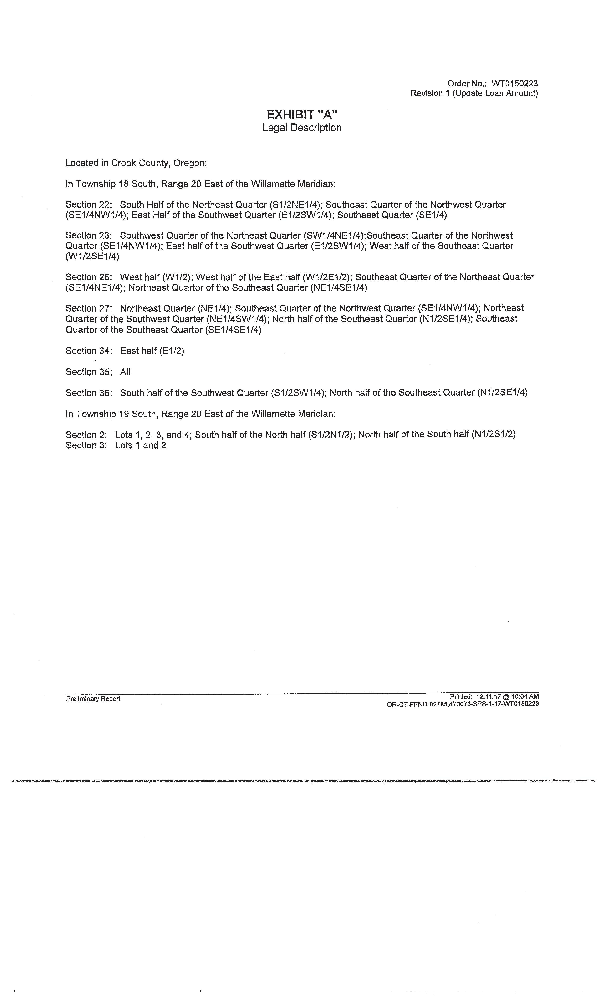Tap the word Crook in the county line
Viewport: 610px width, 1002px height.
pyautogui.click(x=125, y=163)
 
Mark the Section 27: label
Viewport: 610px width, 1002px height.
pyautogui.click(x=88, y=308)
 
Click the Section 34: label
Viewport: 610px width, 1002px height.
pyautogui.click(x=88, y=351)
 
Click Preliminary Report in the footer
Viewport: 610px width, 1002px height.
pyautogui.click(x=93, y=699)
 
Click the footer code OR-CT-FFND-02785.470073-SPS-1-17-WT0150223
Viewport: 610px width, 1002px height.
pyautogui.click(x=463, y=704)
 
